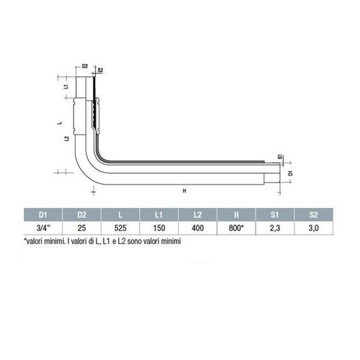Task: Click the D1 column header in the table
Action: [42, 215]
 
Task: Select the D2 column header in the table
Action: [81, 215]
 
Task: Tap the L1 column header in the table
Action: [159, 215]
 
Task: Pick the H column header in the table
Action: [236, 215]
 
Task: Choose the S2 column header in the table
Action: [314, 215]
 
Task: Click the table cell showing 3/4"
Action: [42, 228]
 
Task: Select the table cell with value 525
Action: [120, 228]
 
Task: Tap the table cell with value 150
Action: [159, 228]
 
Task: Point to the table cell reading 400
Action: [198, 228]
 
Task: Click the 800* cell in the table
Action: [236, 228]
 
